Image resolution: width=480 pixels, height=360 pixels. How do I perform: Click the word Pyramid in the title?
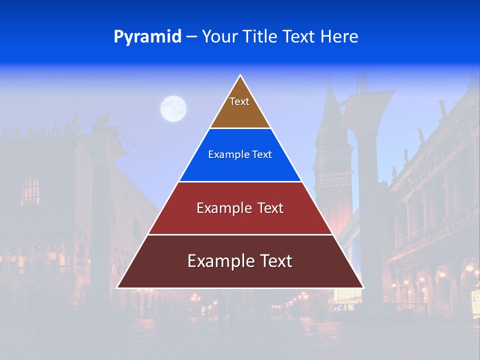tap(147, 37)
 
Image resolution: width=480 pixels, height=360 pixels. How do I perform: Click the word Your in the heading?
tap(220, 37)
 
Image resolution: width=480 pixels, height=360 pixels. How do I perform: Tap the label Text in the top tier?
tap(239, 101)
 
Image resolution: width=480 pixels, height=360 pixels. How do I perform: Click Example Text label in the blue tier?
tap(240, 154)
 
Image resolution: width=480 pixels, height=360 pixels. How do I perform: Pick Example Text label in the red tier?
tap(240, 208)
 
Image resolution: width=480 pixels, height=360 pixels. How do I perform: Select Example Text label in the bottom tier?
tap(240, 261)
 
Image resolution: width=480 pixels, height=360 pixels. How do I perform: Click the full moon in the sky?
tap(173, 108)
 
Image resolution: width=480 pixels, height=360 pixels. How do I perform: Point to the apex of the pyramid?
tap(240, 76)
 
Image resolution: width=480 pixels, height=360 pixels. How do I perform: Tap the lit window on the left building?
tap(30, 191)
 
